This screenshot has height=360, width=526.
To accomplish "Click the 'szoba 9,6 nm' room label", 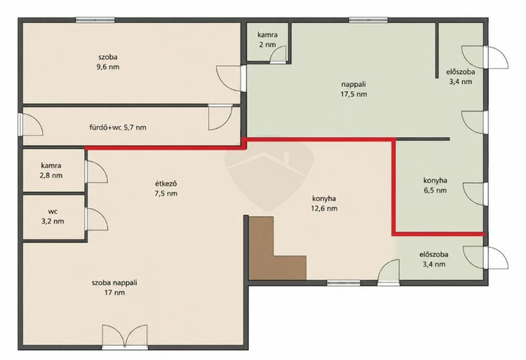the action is point(108,62).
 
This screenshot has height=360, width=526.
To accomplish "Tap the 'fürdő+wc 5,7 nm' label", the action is point(118,127).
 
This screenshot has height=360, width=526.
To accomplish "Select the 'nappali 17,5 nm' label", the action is point(354,89).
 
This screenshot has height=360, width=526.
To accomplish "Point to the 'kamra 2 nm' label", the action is point(268,39).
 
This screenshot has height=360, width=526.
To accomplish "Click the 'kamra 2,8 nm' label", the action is point(51,170).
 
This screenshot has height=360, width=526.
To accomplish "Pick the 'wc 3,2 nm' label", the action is point(52,216).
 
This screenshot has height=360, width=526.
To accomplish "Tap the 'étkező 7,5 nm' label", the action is point(166,189).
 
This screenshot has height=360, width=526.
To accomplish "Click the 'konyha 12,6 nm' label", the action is point(324,203).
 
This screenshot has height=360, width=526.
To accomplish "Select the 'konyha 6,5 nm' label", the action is point(435,185).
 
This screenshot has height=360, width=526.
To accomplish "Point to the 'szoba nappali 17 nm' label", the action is point(114,287).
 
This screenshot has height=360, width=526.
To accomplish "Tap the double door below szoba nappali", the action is point(125,336).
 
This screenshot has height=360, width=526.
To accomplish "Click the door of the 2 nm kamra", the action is point(277,55).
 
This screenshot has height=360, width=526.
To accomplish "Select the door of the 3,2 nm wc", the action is point(96,219).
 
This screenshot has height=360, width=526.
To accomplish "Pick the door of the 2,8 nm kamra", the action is point(96,171).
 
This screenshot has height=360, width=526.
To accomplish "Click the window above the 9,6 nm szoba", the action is point(95,20).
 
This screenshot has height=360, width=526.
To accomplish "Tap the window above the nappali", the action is point(368,20).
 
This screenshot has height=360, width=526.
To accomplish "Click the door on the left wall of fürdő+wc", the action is point(31,124).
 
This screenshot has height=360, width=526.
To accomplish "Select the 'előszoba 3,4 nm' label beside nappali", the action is point(460,76).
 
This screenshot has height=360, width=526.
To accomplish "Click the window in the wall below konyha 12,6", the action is point(344,283).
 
